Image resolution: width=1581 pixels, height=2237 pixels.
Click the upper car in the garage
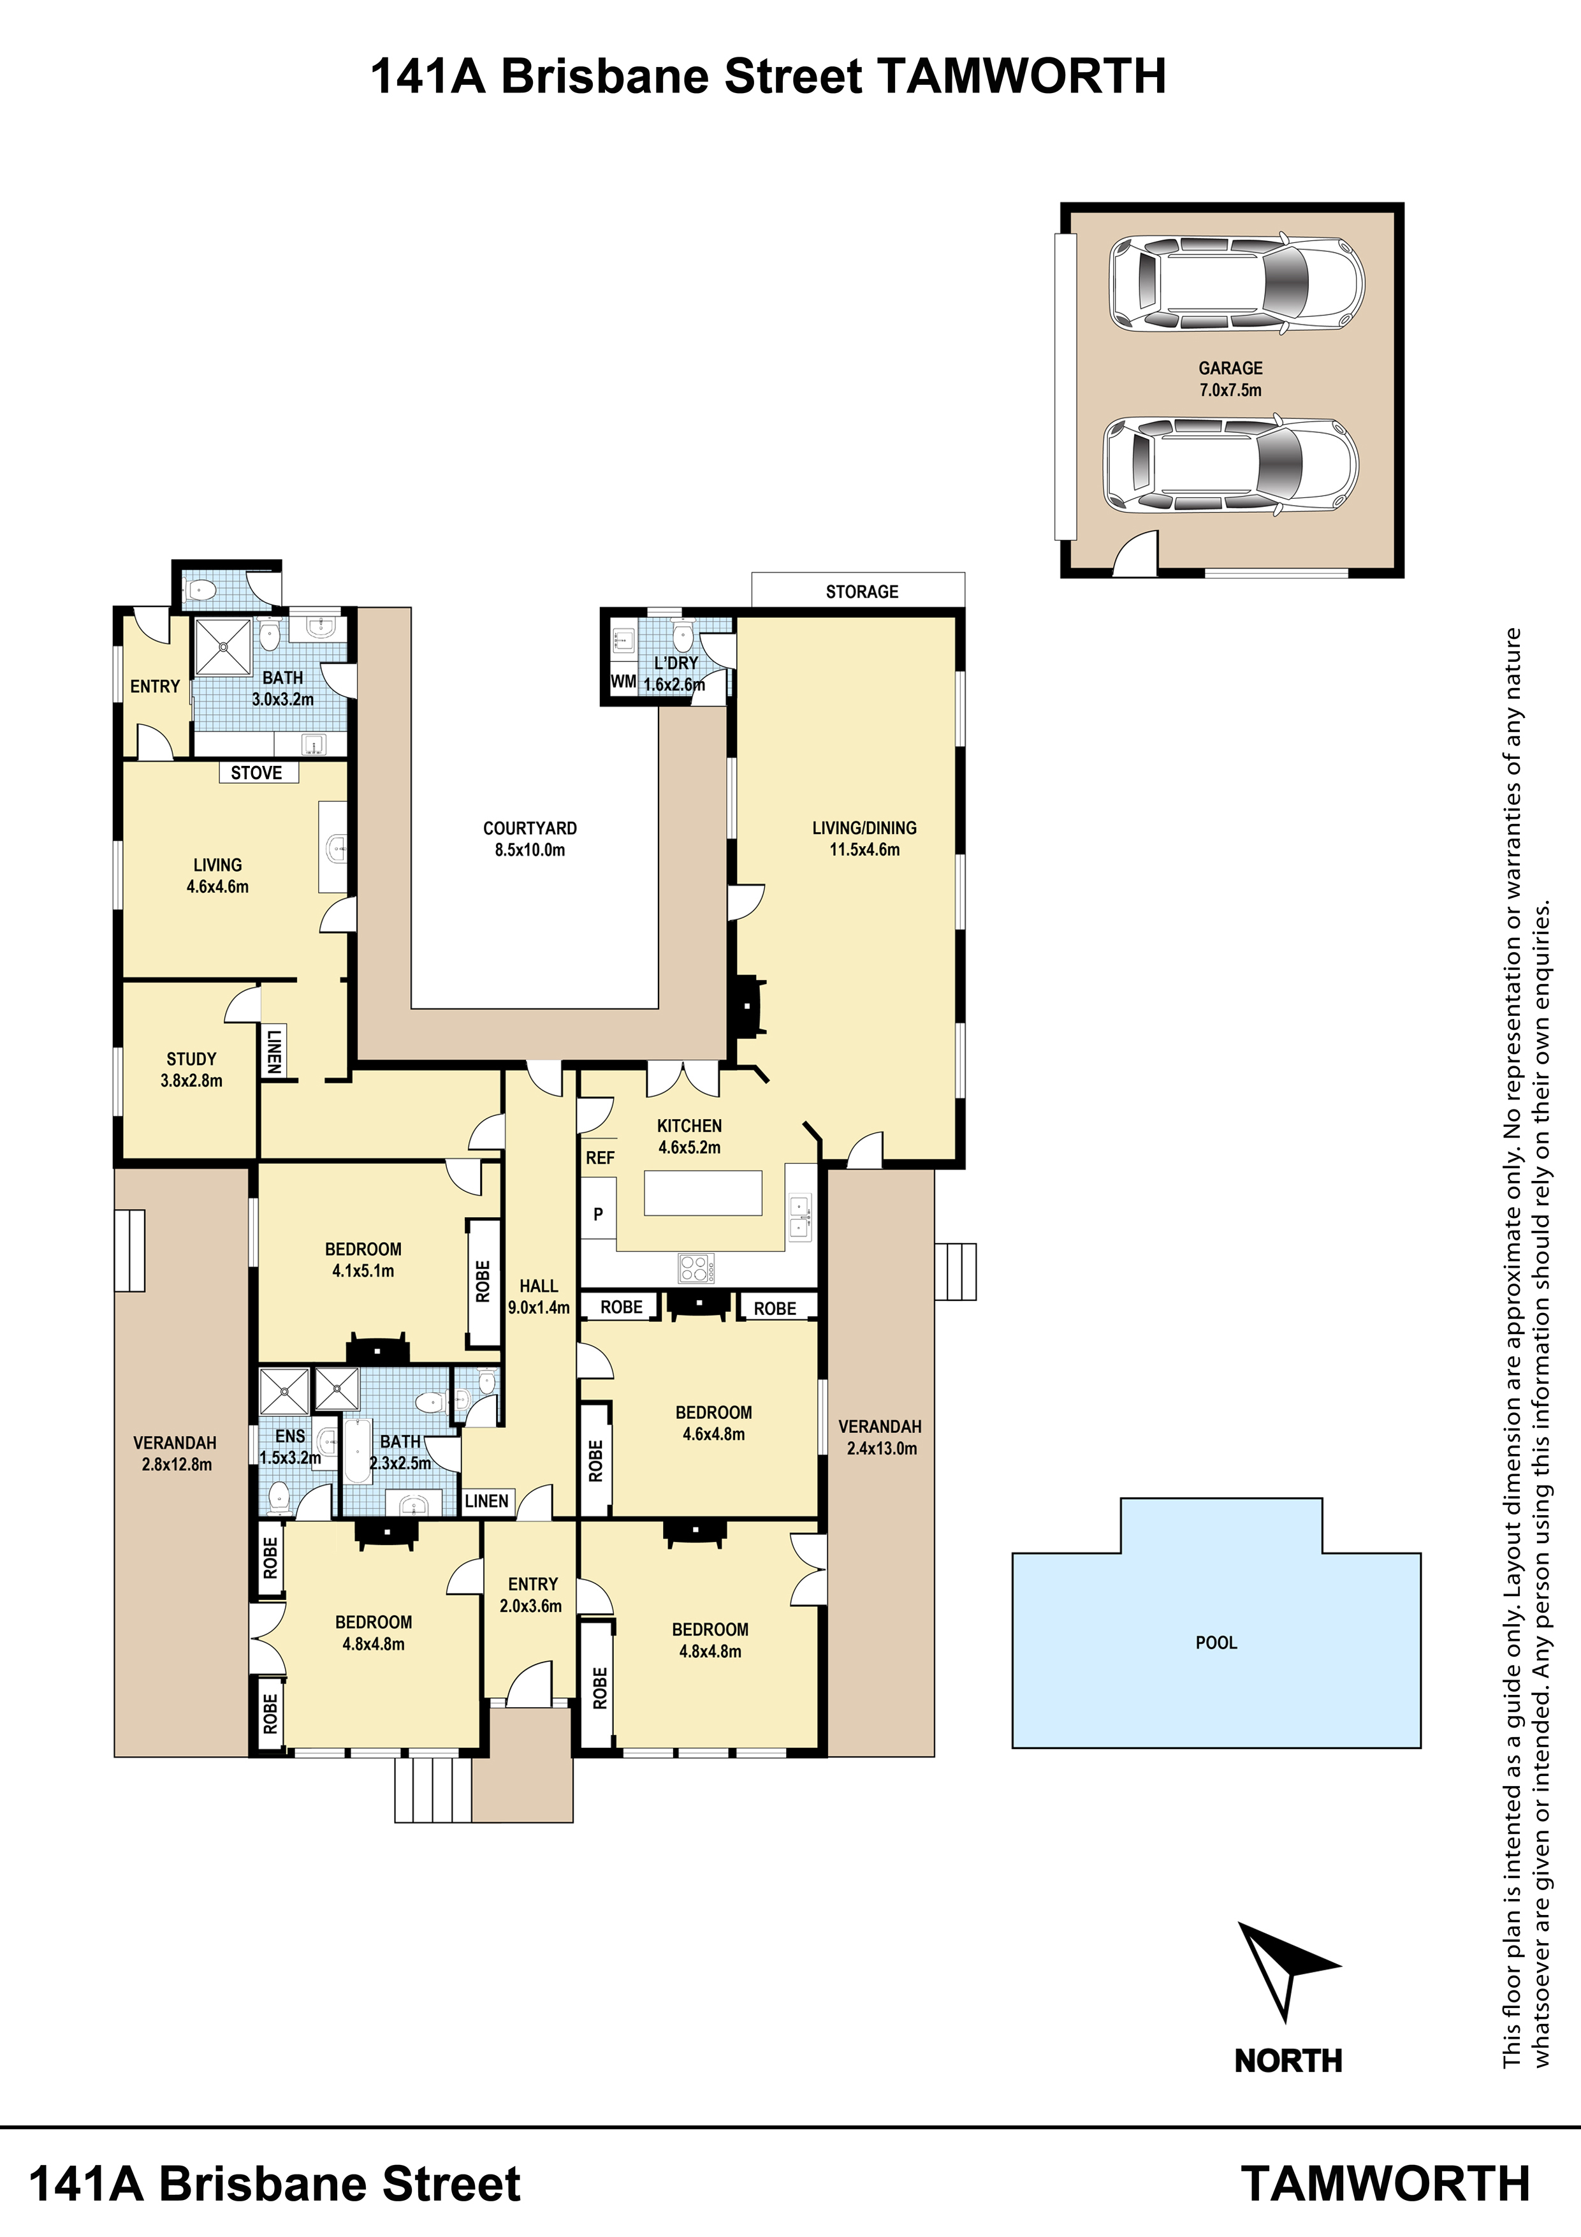click(x=1236, y=282)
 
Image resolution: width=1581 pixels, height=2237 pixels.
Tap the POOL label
click(x=1216, y=1643)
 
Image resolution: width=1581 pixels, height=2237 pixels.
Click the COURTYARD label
click(x=530, y=828)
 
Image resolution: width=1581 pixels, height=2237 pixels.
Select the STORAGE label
click(x=862, y=591)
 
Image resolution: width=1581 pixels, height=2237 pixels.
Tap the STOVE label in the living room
click(x=256, y=773)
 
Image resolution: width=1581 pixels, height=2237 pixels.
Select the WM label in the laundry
click(x=623, y=682)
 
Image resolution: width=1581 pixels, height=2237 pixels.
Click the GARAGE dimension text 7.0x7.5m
click(x=1230, y=390)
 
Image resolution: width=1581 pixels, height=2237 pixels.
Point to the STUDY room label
click(x=191, y=1059)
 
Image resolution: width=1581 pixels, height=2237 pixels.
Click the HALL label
click(x=539, y=1286)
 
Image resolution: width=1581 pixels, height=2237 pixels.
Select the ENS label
click(x=290, y=1436)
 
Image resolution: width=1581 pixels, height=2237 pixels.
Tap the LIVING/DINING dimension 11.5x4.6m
click(x=864, y=849)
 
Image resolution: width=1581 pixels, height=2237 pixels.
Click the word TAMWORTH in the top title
click(x=1022, y=76)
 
